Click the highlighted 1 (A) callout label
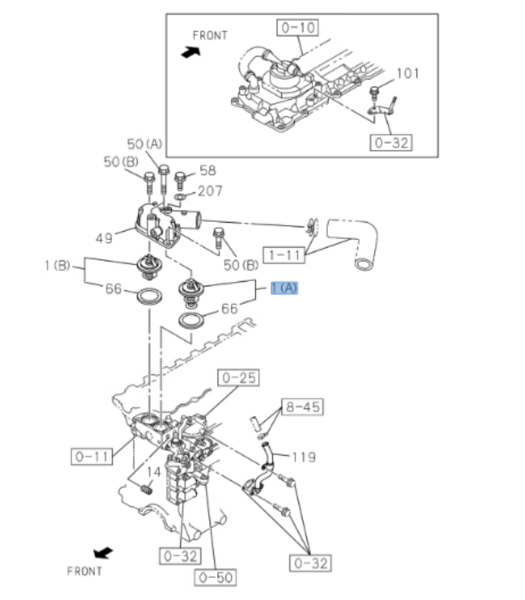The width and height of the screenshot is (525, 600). [x=285, y=288]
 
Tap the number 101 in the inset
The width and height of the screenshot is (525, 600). [x=408, y=73]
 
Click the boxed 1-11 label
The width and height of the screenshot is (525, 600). [x=283, y=255]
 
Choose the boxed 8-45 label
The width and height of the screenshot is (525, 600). [x=302, y=407]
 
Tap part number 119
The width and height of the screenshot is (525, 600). [x=303, y=457]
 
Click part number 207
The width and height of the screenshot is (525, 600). [x=210, y=191]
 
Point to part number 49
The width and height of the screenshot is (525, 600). [x=105, y=238]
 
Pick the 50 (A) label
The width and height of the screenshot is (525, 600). [x=145, y=144]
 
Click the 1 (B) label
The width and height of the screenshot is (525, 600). [x=57, y=265]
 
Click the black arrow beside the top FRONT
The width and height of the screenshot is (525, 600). [x=191, y=52]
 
